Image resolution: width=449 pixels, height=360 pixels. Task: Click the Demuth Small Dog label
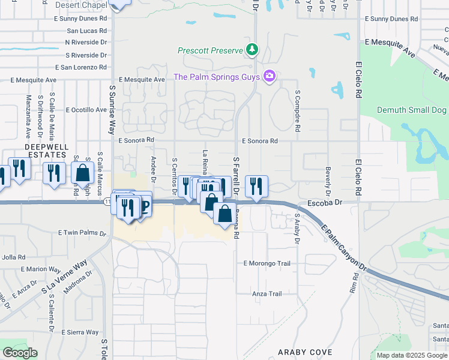412,110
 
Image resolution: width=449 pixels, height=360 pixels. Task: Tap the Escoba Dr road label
324,203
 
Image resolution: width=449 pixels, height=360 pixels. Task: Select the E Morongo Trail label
267,263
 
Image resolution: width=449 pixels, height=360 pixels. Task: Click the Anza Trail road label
267,294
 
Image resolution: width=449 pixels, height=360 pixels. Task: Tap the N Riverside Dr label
86,43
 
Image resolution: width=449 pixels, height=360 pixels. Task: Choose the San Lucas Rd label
86,31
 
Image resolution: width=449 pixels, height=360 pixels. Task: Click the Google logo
20,352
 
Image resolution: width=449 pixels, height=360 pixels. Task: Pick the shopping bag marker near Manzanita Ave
82,172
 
